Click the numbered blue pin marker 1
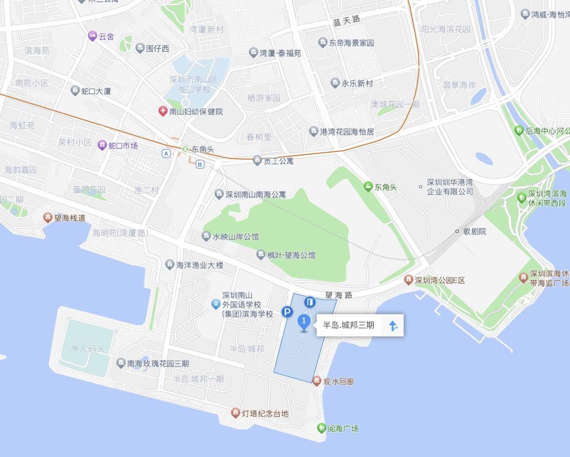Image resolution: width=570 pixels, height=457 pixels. (304, 321)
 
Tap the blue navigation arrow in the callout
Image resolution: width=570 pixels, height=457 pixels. (393, 326)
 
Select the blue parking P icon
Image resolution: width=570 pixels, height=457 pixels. (287, 313)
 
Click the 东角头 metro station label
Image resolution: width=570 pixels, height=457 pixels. (203, 150)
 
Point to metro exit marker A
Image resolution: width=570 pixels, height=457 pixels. (167, 153)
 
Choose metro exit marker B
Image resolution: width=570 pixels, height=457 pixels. (199, 164)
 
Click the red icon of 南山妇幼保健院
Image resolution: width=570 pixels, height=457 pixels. (163, 111)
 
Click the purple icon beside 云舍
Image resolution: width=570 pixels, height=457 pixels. (92, 36)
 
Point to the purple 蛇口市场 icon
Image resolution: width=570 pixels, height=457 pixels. (102, 145)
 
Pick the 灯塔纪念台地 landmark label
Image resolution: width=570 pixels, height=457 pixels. (265, 413)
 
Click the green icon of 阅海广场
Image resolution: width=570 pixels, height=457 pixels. (321, 428)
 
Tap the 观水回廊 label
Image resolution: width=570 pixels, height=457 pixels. (338, 381)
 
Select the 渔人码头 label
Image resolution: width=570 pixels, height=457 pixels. (87, 348)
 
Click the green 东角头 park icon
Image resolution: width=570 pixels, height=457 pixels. (368, 187)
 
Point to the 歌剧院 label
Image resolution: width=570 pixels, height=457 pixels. (474, 231)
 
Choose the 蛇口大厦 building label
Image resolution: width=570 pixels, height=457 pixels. (96, 91)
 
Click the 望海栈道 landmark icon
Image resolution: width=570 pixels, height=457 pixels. (48, 218)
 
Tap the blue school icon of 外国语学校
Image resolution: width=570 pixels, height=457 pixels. (215, 304)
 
